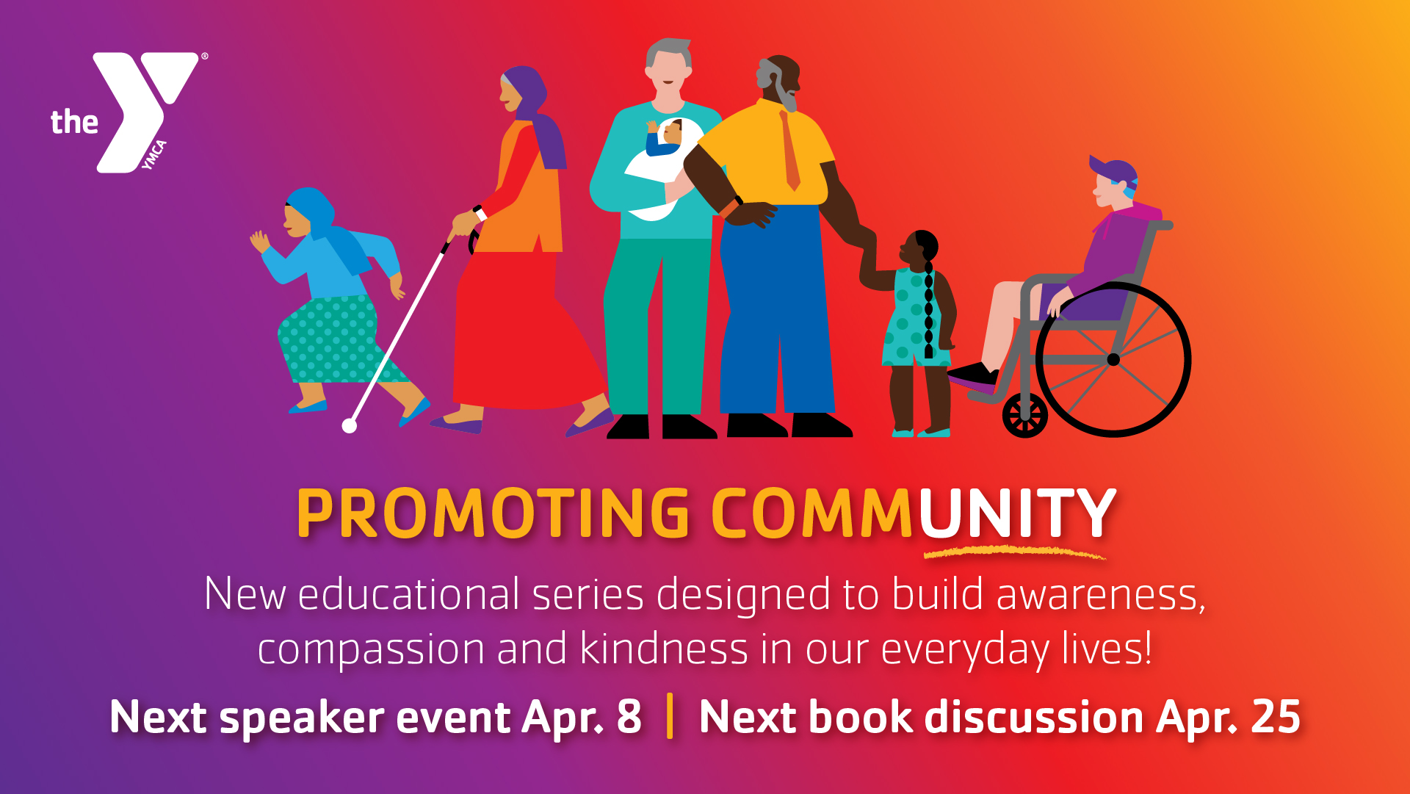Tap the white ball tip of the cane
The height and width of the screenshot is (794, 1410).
(x=350, y=425)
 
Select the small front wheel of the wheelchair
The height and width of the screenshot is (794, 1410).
(x=1024, y=416)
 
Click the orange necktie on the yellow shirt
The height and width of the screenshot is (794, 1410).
(x=790, y=151)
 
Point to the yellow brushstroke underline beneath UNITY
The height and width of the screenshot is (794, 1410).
(x=1014, y=552)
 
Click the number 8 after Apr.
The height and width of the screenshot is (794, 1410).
(x=629, y=717)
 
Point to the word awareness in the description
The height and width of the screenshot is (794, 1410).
(x=1101, y=595)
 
